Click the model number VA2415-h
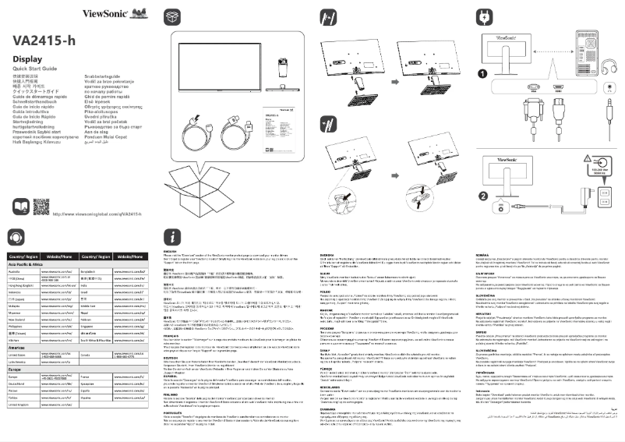pos(48,40)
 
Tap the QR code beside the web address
pos(21,208)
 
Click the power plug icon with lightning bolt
pos(484,16)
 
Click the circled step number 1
pos(483,72)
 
